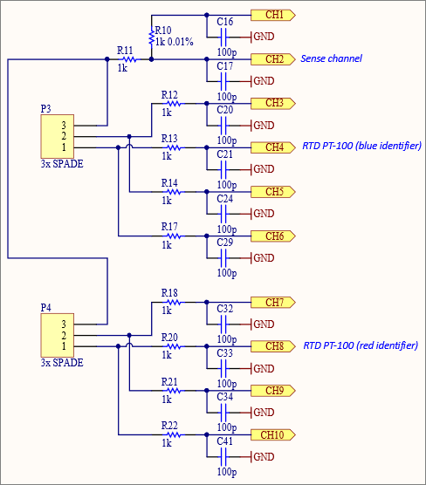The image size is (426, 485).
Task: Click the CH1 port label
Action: tap(273, 15)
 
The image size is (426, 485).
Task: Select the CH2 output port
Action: tap(273, 59)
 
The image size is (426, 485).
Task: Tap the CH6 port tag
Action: tap(273, 236)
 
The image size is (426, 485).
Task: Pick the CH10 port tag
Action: tap(273, 434)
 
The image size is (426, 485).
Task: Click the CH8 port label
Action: tap(273, 346)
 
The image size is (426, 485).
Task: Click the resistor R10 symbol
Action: tap(152, 38)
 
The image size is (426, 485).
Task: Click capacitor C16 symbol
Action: tap(225, 37)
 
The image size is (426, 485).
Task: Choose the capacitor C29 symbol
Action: tap(225, 258)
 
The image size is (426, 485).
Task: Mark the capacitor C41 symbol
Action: tap(225, 457)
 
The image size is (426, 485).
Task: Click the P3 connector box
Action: tap(57, 136)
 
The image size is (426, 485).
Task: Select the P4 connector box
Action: tap(57, 335)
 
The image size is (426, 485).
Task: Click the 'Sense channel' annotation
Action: tap(331, 59)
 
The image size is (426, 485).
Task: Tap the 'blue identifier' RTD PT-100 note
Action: tap(361, 147)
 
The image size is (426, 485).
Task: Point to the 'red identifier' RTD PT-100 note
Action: tap(361, 346)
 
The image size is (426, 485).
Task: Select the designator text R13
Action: tap(169, 138)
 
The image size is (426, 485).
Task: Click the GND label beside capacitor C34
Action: tap(264, 413)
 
